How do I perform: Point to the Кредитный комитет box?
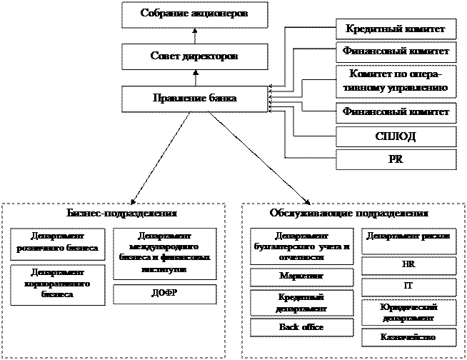point(396,29)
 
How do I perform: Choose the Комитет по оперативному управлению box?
point(396,81)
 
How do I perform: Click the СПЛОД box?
point(396,136)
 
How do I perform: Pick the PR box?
point(396,159)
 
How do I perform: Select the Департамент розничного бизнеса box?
point(59,244)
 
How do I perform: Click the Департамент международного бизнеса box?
point(164,254)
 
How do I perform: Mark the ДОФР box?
point(164,294)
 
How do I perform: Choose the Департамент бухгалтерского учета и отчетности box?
point(302,247)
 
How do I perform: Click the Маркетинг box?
point(302,276)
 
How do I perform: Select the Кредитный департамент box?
point(302,303)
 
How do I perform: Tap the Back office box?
point(302,327)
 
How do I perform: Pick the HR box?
point(408,265)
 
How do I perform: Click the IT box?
point(408,287)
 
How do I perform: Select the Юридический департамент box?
point(408,312)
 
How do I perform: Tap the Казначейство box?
point(408,337)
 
